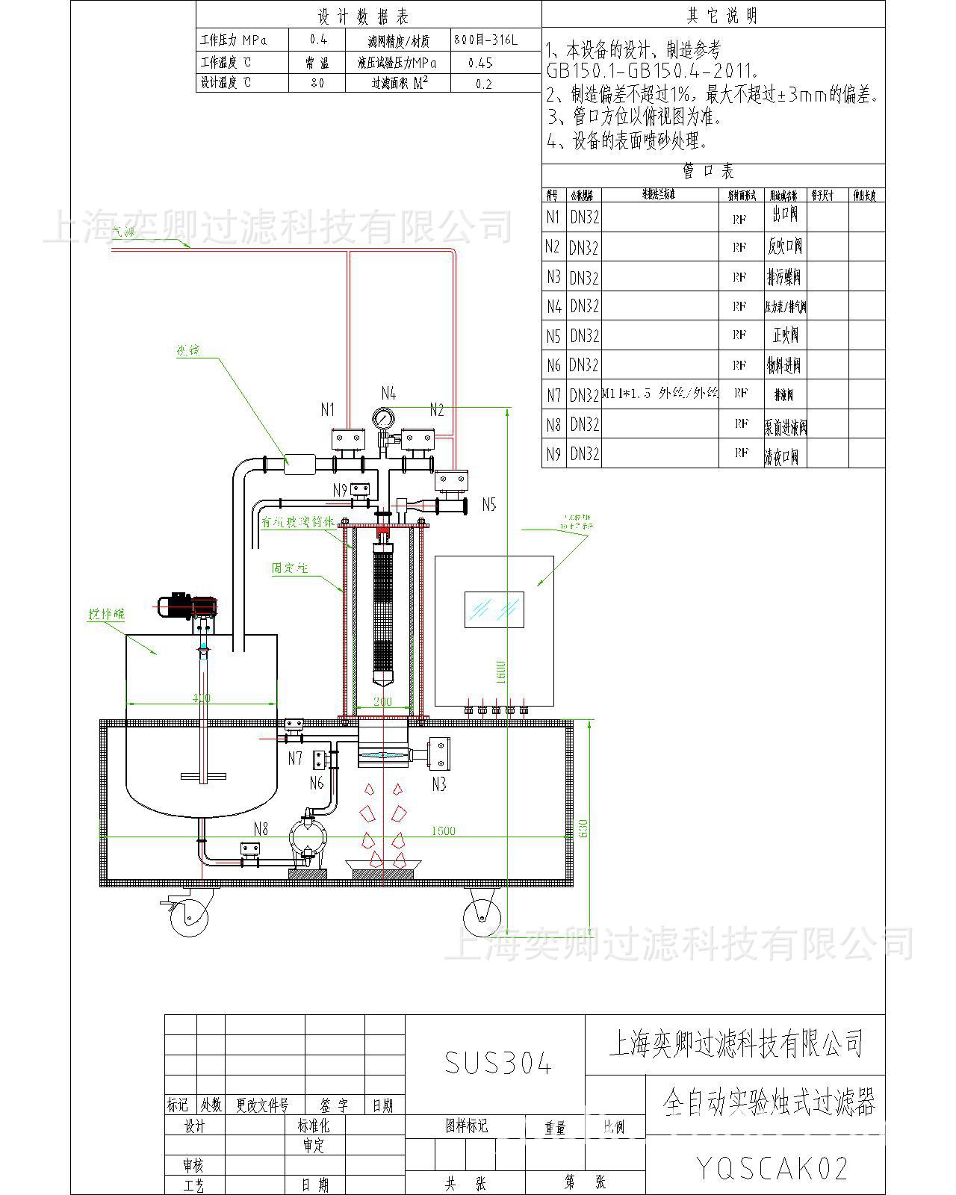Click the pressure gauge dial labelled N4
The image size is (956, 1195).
pos(385,418)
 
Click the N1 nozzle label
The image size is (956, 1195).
pos(328,409)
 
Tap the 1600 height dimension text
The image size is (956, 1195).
pos(501,671)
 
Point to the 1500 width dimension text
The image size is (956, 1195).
pos(443,831)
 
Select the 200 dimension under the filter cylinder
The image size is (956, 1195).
pos(382,701)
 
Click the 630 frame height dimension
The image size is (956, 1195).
pos(584,828)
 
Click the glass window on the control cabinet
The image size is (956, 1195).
pos(494,609)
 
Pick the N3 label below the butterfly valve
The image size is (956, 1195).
pos(439,783)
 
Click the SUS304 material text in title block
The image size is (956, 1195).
pos(498,1063)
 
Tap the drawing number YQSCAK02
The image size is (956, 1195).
pos(772,1167)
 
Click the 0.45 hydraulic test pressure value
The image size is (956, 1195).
pos(480,63)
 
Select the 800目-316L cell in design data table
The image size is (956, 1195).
pos(485,40)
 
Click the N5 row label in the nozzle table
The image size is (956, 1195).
pos(553,336)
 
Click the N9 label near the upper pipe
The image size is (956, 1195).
pos(340,490)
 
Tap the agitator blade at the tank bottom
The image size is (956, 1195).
pos(203,775)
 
